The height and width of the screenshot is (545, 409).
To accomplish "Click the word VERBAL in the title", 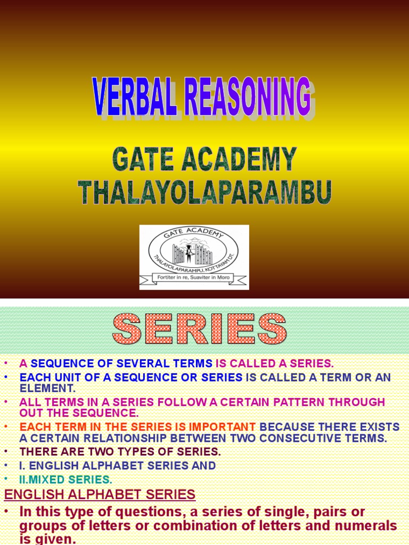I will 135,97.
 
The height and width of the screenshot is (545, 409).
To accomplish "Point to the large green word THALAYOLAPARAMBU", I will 205,192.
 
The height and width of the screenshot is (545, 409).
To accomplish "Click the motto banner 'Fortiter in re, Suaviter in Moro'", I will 193,277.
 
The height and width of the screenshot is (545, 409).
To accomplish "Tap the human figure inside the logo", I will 189,252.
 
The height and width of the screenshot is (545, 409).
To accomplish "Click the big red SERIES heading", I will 199,329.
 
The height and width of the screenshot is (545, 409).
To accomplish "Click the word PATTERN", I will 277,402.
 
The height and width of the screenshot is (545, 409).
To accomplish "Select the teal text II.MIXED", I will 47,479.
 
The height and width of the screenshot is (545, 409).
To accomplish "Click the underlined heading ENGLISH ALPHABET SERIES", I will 100,495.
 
